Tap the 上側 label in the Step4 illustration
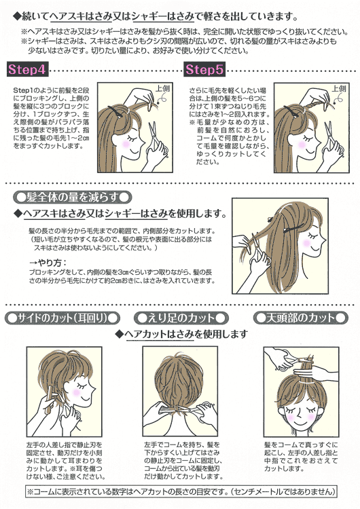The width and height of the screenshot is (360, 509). [162, 88]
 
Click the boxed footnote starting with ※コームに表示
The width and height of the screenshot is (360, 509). [179, 491]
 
